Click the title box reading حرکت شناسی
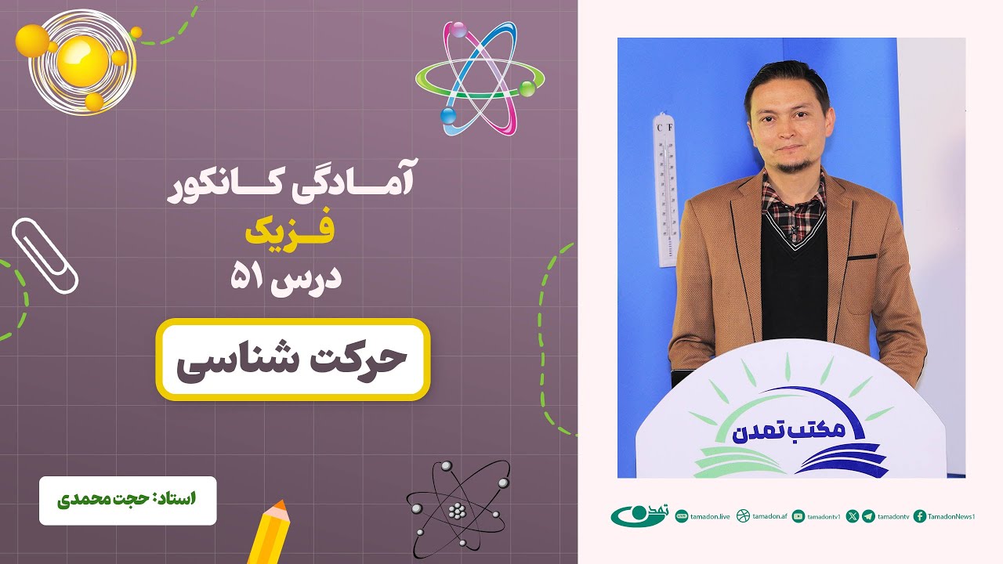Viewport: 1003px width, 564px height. (292, 360)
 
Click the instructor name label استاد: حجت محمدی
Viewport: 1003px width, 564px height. (128, 500)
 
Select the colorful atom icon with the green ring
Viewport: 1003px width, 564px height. (480, 78)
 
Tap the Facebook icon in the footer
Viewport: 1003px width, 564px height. (920, 515)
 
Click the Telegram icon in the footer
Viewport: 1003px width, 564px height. (868, 515)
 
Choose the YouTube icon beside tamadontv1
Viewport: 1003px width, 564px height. (798, 515)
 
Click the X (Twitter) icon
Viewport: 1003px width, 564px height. (853, 515)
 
